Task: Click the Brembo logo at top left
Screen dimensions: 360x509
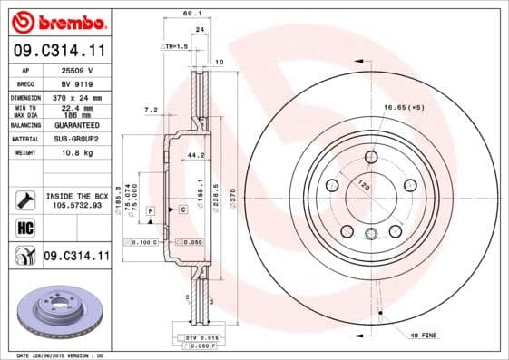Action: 56,19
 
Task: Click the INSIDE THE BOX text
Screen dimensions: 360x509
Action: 77,196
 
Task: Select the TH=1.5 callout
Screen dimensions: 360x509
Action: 175,44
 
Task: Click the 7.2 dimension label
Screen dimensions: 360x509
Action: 151,110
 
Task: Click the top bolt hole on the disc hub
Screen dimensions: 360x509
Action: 370,157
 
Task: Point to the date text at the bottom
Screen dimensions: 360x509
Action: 62,355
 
